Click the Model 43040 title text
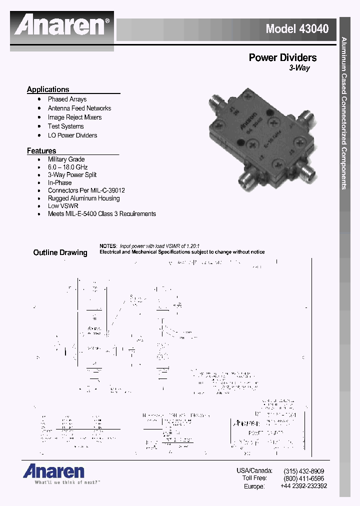pyautogui.click(x=297, y=28)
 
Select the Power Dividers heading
pyautogui.click(x=282, y=57)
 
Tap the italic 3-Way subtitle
pyautogui.click(x=299, y=68)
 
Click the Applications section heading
pyautogui.click(x=48, y=89)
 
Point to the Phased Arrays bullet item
pyautogui.click(x=67, y=99)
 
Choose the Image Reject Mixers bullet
pyautogui.click(x=74, y=117)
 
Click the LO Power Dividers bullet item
pyautogui.click(x=72, y=135)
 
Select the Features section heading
pyautogui.click(x=41, y=150)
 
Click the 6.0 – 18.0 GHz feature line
pyautogui.click(x=67, y=167)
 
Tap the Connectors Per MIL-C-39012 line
pyautogui.click(x=86, y=190)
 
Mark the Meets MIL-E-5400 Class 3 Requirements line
pyautogui.click(x=101, y=213)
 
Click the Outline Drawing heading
pyautogui.click(x=60, y=252)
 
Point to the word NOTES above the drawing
pyautogui.click(x=107, y=246)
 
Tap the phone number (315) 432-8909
pyautogui.click(x=303, y=471)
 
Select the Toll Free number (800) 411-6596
pyautogui.click(x=303, y=478)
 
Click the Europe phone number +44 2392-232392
pyautogui.click(x=303, y=486)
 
